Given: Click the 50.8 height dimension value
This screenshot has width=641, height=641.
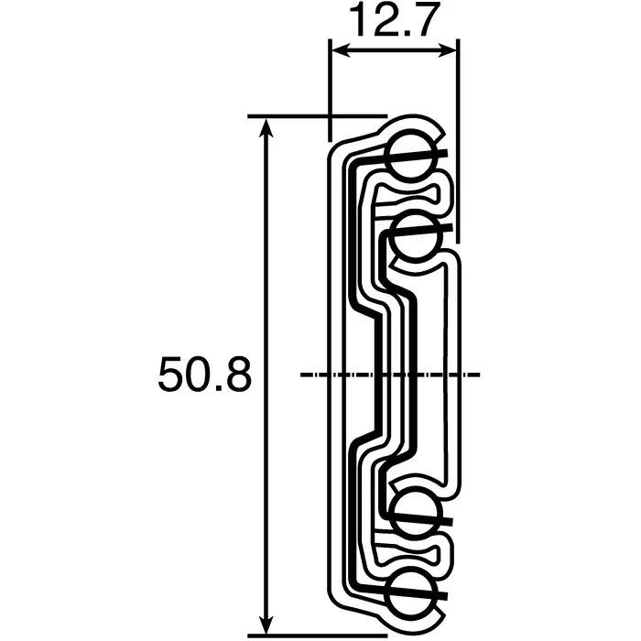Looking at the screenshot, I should point(204,376).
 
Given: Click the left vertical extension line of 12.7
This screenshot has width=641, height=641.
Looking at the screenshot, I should point(329,92).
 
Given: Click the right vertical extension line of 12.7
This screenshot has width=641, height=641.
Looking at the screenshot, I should point(456,137).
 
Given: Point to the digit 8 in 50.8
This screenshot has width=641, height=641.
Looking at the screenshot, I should point(235,376).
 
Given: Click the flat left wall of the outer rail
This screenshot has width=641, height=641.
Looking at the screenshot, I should point(329,366).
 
